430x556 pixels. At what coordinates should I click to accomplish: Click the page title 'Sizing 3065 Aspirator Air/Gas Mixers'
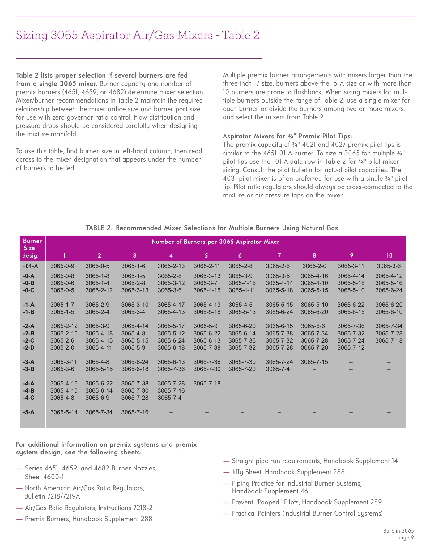coord(138,35)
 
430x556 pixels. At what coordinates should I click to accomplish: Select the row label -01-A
coord(31,266)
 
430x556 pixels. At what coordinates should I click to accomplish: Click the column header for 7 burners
coord(279,255)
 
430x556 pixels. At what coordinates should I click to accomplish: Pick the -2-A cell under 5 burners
coord(205,326)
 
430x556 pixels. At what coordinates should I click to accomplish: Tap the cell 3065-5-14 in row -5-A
coord(64,412)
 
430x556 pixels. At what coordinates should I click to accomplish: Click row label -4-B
coord(29,390)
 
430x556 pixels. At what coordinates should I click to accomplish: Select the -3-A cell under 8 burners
coord(314,362)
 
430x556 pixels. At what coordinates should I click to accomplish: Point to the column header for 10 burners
coord(389,255)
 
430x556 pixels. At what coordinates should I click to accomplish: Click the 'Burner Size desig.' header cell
coord(32,248)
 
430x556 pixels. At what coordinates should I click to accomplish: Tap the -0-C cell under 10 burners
coord(389,290)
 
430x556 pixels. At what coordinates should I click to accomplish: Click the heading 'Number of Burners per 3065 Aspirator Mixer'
coord(215,242)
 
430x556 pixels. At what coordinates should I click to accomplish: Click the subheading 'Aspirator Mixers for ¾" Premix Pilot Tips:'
coord(287,136)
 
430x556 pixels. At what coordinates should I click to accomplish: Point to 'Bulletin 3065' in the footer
coord(398,531)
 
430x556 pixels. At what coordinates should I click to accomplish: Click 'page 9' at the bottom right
coord(405,538)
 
